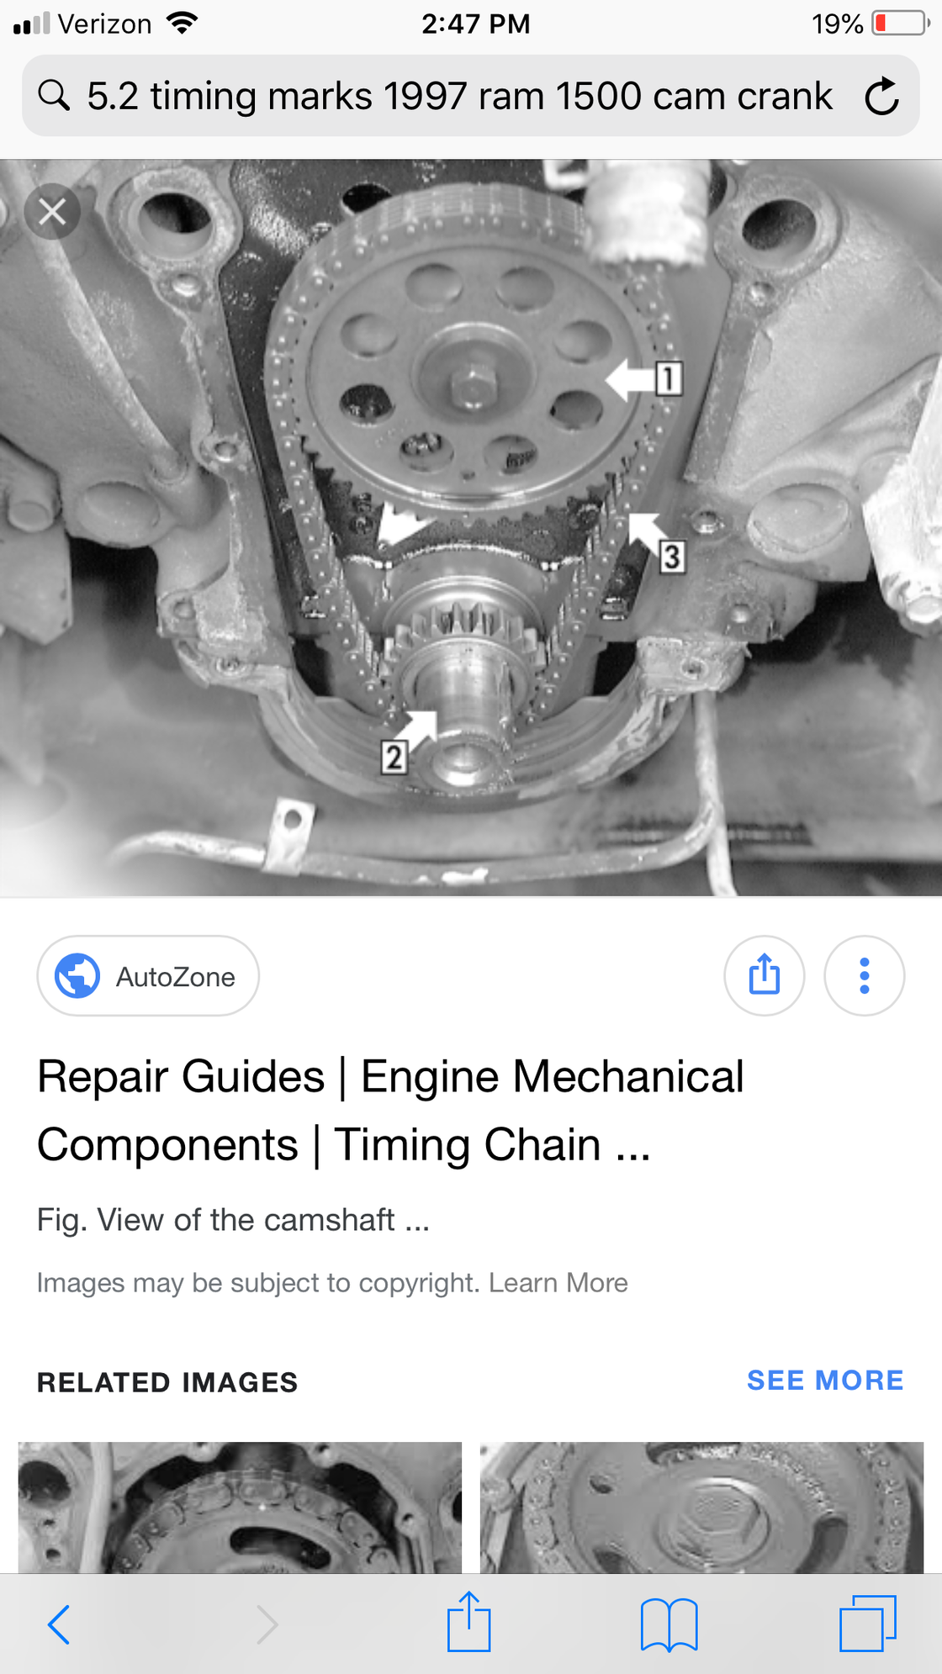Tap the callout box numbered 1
(669, 378)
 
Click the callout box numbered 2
(394, 757)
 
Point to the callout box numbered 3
(671, 557)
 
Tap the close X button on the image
(52, 212)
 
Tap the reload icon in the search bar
(881, 96)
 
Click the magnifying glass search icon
(54, 95)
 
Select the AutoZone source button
(148, 976)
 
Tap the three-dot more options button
(864, 976)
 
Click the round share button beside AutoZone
(764, 976)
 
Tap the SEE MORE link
(825, 1381)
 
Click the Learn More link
(558, 1283)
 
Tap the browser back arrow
(58, 1624)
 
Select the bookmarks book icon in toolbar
(669, 1624)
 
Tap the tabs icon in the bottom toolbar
(868, 1624)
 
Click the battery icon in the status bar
(901, 24)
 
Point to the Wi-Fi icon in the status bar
(182, 23)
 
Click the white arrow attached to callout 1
(631, 379)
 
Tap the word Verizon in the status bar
(105, 24)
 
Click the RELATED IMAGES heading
(167, 1382)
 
